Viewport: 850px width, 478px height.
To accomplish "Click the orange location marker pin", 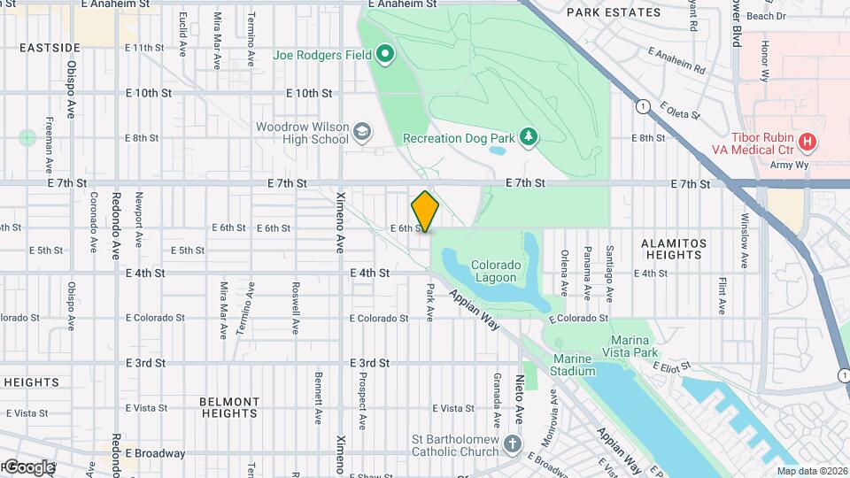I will coord(425,212).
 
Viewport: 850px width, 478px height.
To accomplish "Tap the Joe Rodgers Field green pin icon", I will coord(385,55).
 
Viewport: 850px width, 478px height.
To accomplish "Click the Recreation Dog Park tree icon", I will coord(529,136).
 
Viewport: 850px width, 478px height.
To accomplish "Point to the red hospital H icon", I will coord(807,142).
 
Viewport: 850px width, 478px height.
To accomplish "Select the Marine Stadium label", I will coord(574,365).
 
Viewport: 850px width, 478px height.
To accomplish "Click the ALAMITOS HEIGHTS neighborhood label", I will coord(675,249).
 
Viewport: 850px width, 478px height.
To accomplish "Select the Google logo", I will coord(28,466).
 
